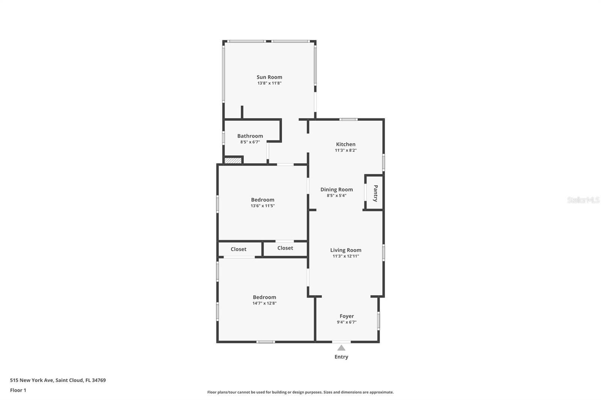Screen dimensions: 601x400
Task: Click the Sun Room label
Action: click(269, 77)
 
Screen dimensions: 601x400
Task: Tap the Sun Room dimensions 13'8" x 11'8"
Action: click(269, 83)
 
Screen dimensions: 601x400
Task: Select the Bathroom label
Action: click(250, 136)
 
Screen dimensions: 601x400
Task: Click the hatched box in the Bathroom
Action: click(233, 160)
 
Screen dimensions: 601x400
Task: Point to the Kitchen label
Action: click(346, 144)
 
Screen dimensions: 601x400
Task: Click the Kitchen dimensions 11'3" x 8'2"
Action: click(346, 150)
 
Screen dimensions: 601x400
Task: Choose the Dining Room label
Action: click(337, 189)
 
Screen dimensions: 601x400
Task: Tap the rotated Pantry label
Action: click(376, 193)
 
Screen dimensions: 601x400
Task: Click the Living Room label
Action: click(346, 250)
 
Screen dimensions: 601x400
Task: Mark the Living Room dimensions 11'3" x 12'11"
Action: click(346, 256)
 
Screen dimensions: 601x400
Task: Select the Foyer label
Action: click(347, 316)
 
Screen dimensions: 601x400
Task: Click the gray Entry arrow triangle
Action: click(341, 348)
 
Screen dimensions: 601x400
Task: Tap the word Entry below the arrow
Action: click(341, 357)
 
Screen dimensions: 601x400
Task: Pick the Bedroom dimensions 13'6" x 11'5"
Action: click(263, 206)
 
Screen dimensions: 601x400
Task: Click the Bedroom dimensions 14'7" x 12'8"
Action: click(264, 303)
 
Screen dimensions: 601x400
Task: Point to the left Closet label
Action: click(238, 249)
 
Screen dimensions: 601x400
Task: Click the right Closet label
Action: click(285, 248)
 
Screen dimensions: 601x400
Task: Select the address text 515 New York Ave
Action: click(32, 380)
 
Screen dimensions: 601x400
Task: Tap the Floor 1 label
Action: click(18, 390)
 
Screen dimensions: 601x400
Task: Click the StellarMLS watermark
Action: click(583, 200)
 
